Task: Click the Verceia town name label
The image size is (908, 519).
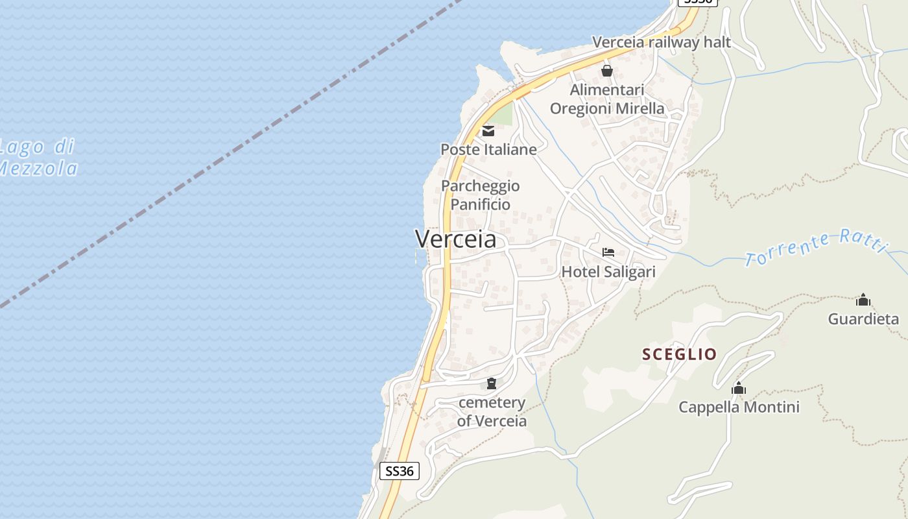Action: click(x=456, y=239)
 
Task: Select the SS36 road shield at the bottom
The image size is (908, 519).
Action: click(x=399, y=471)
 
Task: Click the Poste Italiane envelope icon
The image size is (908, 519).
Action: click(x=488, y=131)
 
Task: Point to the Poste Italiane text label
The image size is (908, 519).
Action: click(x=488, y=149)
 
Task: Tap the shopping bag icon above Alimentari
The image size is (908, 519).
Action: click(x=607, y=71)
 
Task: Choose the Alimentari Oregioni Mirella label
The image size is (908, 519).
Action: click(x=607, y=99)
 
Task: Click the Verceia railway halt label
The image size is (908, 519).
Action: click(x=661, y=42)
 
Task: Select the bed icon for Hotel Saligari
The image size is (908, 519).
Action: click(x=608, y=252)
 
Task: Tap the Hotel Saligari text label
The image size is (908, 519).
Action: click(x=608, y=272)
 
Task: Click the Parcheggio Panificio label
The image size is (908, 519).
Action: click(x=481, y=195)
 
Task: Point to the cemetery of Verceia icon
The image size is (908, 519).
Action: click(x=491, y=383)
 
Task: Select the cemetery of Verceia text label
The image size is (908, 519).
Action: click(x=492, y=411)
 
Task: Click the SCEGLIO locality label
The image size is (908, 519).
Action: click(x=679, y=354)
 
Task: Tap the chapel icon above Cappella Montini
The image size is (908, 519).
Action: click(x=738, y=389)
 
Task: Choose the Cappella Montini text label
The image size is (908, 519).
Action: click(x=739, y=407)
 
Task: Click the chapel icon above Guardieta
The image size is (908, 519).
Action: click(x=863, y=300)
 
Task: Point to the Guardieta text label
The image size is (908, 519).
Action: click(x=863, y=319)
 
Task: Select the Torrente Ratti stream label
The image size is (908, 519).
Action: click(x=815, y=247)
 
